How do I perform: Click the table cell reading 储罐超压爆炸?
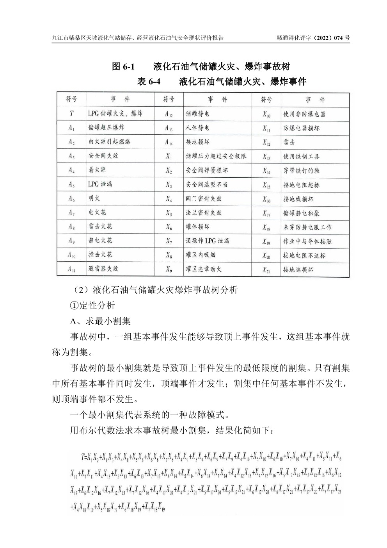pyautogui.click(x=106, y=128)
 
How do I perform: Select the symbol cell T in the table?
pyautogui.click(x=71, y=114)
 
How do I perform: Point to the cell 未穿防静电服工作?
pyautogui.click(x=307, y=227)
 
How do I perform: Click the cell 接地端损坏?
pyautogui.click(x=298, y=270)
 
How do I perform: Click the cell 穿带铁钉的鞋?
pyautogui.click(x=301, y=171)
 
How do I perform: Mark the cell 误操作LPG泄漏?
pyautogui.click(x=207, y=241)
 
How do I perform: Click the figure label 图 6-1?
pyautogui.click(x=123, y=66)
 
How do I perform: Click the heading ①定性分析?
pyautogui.click(x=92, y=305)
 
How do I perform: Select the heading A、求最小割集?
pyautogui.click(x=100, y=321)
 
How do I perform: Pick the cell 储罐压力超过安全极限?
pyautogui.click(x=216, y=156)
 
